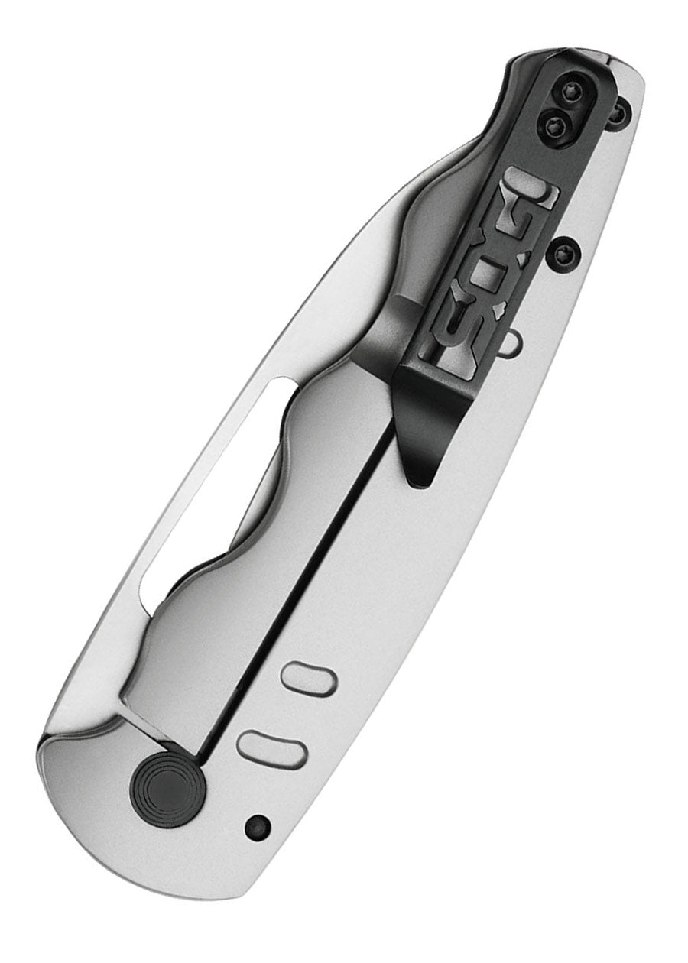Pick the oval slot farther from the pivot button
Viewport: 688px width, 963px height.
308,678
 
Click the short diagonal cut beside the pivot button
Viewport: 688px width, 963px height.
150,730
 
